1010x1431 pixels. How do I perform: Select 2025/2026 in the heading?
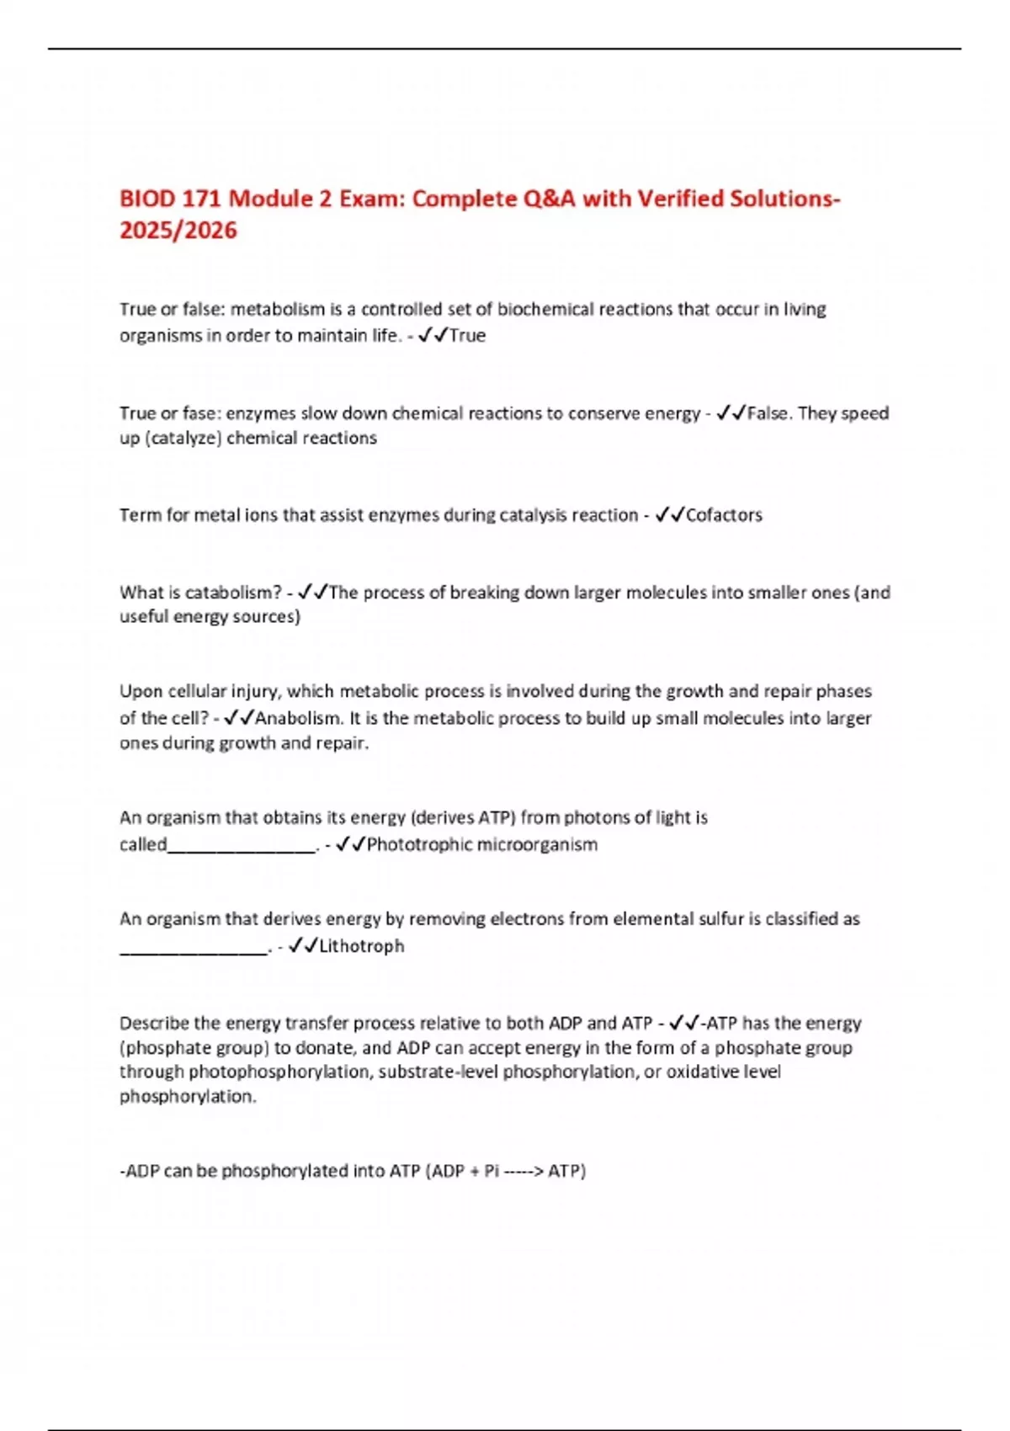[178, 231]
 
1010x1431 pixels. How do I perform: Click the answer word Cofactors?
[724, 515]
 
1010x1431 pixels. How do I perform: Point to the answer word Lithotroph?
[362, 946]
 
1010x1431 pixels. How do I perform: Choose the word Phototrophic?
[419, 844]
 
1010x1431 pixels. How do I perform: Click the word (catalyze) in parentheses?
[184, 439]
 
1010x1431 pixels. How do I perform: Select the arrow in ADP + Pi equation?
[523, 1171]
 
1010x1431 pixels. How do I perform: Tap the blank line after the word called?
[242, 846]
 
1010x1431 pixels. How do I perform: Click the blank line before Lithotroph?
[194, 949]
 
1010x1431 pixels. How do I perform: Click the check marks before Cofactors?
[669, 515]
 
